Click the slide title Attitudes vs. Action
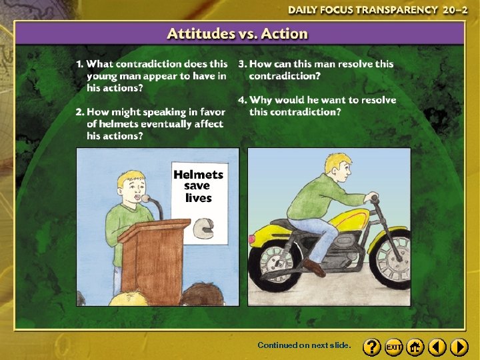tap(237, 34)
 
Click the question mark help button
tap(372, 347)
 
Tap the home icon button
tap(415, 347)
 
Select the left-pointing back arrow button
tap(437, 347)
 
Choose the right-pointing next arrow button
tap(459, 347)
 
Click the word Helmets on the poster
tap(198, 175)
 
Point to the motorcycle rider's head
tap(336, 167)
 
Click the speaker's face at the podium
tap(131, 189)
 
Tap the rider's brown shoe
tap(313, 267)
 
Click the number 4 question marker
tap(242, 100)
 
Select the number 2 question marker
tap(79, 112)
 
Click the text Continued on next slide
tap(304, 346)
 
